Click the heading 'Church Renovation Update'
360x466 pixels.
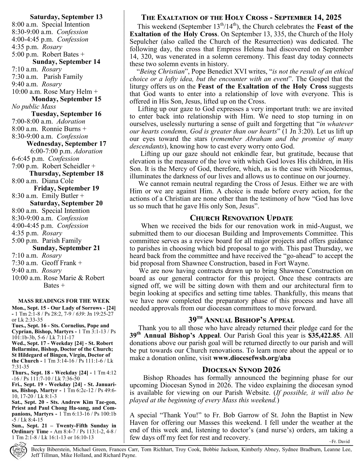241,218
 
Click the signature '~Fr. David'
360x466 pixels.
340,441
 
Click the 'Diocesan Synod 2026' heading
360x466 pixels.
241,370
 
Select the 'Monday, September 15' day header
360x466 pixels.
66,99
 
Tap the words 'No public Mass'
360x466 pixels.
34,106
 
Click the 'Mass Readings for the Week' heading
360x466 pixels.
64,301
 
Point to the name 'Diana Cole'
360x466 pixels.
58,181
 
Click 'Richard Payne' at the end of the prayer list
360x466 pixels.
120,455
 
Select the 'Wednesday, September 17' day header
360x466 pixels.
66,144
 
